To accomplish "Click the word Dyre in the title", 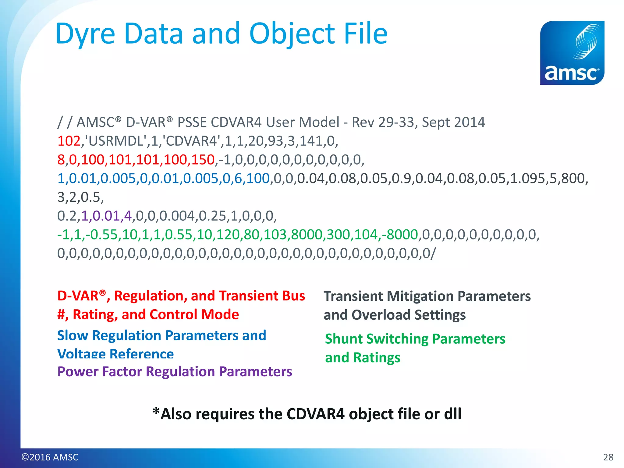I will [85, 34].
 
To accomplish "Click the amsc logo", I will [572, 53].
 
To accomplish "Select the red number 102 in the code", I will [69, 141].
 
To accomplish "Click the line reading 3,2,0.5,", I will [80, 197].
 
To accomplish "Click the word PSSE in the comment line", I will [192, 122].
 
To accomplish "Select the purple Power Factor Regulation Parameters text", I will [175, 372].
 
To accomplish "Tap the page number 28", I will [608, 457].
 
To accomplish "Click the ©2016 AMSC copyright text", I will [50, 457].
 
